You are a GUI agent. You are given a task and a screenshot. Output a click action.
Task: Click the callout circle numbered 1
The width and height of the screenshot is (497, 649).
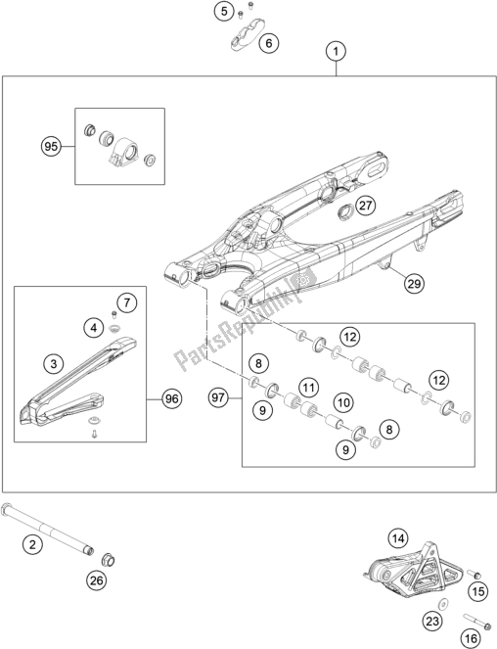point(336,51)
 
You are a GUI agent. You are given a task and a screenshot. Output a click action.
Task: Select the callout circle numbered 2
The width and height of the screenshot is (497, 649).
point(32,544)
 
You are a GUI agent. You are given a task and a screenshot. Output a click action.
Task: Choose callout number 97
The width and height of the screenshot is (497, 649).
point(218,398)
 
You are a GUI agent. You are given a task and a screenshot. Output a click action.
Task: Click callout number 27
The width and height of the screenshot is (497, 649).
point(365,206)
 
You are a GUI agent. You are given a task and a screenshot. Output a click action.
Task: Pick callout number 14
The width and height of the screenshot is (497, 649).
point(397,538)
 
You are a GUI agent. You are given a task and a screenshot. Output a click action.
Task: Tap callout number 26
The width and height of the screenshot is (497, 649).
point(97,580)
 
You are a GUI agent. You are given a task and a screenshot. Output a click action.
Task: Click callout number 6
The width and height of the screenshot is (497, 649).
point(269,43)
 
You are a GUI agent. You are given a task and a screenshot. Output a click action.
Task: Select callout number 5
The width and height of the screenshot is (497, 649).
point(224,11)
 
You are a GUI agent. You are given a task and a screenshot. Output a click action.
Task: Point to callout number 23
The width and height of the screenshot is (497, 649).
point(432,621)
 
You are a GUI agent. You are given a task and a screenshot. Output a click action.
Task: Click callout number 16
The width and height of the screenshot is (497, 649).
point(471,638)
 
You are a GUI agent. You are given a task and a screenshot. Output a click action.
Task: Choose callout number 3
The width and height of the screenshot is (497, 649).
point(54,364)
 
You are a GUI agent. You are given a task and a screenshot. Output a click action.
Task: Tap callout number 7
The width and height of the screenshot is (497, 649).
point(126,302)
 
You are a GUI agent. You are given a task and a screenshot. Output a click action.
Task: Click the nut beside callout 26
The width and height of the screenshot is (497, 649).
point(108,560)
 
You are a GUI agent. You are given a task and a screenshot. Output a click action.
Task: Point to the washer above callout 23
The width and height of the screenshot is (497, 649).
point(443,603)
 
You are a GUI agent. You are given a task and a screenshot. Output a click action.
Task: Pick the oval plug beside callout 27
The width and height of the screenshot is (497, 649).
point(344,213)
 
